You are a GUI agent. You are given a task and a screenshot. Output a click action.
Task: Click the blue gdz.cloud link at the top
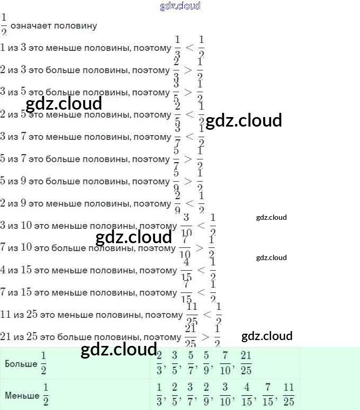coord(180,6)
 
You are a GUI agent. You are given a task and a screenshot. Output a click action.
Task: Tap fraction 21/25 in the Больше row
coord(246,363)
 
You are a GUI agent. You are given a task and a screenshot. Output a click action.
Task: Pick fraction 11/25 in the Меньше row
coord(288,394)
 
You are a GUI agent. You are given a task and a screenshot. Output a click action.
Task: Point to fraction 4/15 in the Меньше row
coord(246,394)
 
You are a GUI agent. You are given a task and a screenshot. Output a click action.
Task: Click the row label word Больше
coord(21,364)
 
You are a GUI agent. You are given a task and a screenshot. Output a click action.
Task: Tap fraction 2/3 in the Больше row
coord(159,363)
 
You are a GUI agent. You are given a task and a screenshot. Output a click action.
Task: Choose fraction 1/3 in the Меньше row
coord(159,394)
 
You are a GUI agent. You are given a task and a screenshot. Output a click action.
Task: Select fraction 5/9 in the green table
coord(206,363)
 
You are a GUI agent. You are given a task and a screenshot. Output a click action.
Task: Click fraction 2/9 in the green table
coord(206,394)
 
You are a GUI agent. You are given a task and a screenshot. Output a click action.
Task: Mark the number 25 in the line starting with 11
coord(32,315)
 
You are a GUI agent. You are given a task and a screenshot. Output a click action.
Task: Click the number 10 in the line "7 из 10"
coord(26,248)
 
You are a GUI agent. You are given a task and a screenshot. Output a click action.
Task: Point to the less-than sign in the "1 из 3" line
coord(190,48)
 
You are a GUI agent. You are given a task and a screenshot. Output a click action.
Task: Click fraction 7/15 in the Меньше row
coord(268,394)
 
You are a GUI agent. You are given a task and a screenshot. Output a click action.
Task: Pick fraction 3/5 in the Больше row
coord(175,363)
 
